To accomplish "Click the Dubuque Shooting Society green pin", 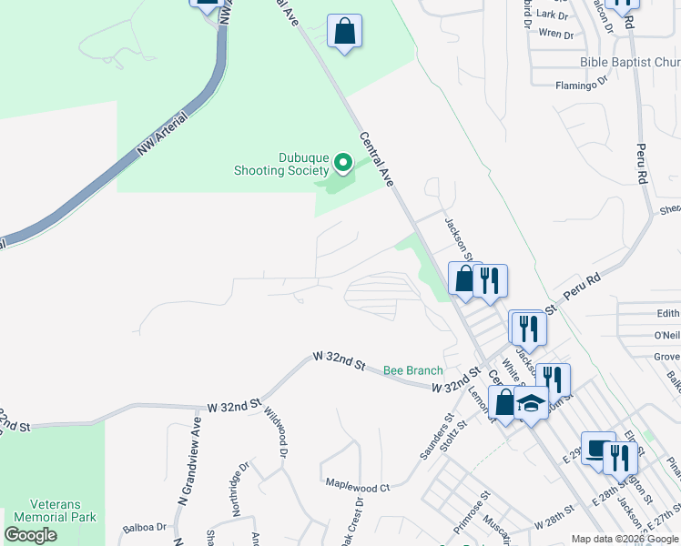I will coord(343,163).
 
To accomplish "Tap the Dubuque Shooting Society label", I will coord(281,164).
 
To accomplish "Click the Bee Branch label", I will coord(412,370).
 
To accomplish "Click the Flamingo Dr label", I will coord(581,85).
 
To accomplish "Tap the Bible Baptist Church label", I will coord(629,62).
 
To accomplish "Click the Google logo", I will coord(31,535).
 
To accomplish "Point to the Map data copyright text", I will coord(625,539).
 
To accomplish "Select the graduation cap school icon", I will coord(531,400).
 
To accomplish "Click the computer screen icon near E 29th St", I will coord(598,449).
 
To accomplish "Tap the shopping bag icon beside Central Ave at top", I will coord(344,32).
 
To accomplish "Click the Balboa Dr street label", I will coord(145,527).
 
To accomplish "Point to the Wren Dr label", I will coord(556,34).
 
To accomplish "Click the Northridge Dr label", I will coord(239,490).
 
